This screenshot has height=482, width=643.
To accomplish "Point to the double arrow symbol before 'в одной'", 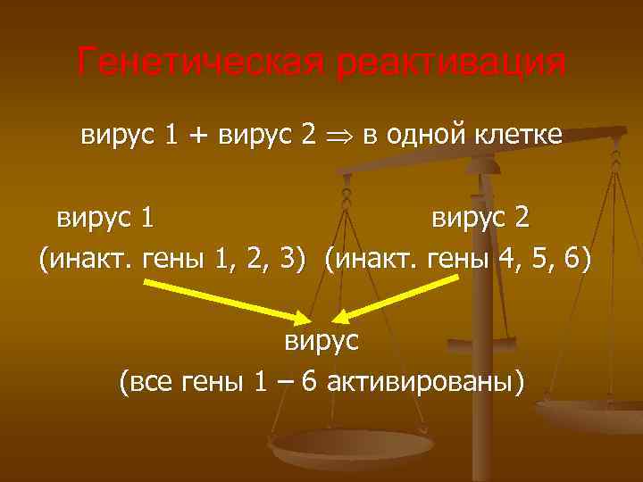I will [x=338, y=136].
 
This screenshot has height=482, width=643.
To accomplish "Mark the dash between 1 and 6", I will [x=283, y=382].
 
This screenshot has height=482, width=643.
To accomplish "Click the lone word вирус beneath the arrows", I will [x=321, y=341].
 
